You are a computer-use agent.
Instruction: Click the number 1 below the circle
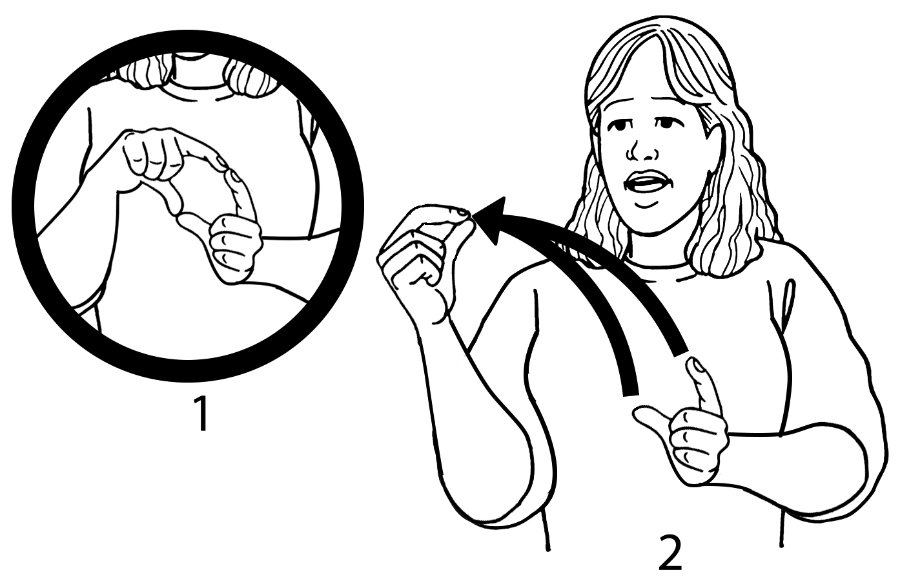point(201,414)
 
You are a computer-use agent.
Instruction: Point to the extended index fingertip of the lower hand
point(694,363)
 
